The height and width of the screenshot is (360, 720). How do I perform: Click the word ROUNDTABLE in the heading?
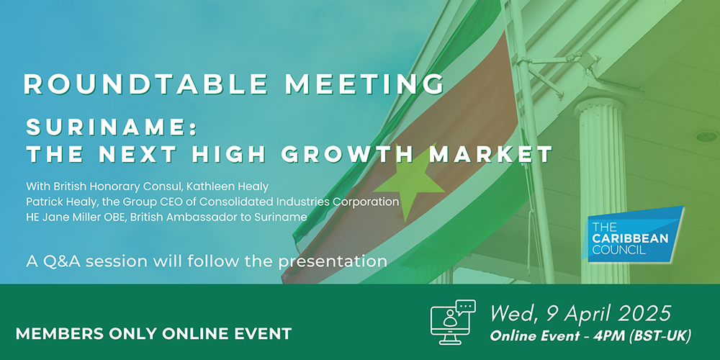tap(146, 84)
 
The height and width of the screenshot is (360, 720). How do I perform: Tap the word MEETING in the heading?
tap(364, 84)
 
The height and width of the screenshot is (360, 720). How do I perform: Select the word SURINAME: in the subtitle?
tap(112, 127)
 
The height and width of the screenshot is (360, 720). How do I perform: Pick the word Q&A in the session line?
tap(53, 261)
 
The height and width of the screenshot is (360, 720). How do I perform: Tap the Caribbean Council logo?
tap(632, 234)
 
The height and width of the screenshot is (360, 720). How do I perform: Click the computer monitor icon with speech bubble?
tap(452, 322)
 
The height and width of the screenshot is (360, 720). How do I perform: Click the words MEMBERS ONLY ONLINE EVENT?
tap(154, 334)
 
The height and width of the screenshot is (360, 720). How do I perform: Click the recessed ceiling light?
tap(707, 136)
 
